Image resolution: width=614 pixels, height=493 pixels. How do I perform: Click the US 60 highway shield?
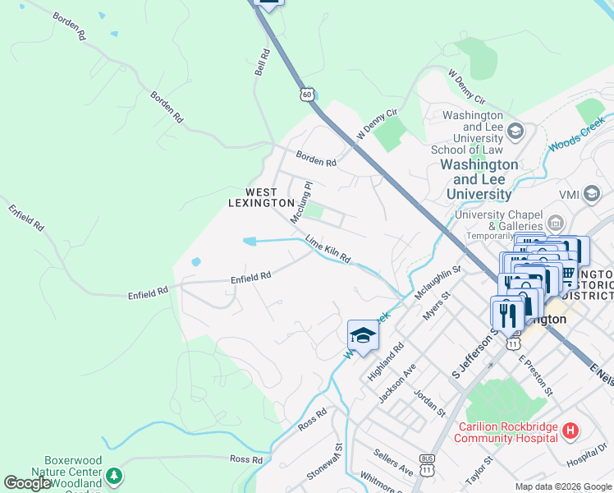tap(306, 94)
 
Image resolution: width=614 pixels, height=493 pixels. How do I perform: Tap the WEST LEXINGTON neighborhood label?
tap(261, 197)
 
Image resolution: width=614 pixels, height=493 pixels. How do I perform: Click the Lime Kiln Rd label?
tap(328, 249)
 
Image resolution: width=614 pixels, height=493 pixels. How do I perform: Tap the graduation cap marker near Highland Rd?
tap(363, 335)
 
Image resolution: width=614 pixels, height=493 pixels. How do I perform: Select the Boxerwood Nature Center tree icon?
tap(115, 476)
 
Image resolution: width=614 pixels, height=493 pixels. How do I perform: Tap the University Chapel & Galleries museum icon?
tap(555, 222)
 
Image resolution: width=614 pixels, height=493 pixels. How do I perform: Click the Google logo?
tap(26, 483)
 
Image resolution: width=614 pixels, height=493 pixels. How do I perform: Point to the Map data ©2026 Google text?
tap(563, 486)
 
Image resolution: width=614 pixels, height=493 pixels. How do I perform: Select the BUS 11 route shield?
tap(426, 465)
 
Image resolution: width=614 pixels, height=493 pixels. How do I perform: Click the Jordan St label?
tap(429, 404)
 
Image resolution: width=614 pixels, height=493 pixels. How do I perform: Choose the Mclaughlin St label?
tap(438, 279)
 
